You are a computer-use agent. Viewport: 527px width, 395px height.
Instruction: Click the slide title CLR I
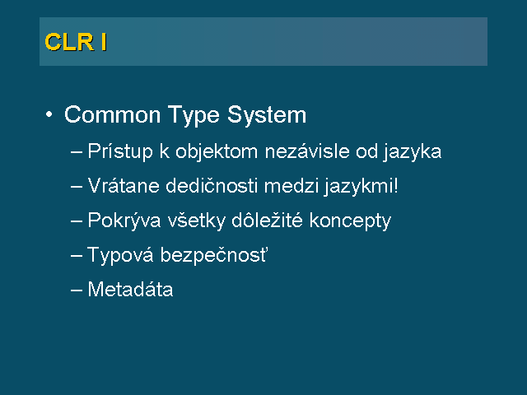tap(76, 42)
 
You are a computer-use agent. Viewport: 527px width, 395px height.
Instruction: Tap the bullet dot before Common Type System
tap(49, 114)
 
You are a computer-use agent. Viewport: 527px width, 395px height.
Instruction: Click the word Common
tap(112, 115)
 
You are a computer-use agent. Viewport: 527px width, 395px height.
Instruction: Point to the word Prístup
tap(120, 152)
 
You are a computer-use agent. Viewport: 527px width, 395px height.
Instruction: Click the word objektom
tap(217, 152)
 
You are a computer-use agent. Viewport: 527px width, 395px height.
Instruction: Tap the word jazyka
tap(412, 152)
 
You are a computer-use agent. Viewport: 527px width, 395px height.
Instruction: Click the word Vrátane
tap(124, 185)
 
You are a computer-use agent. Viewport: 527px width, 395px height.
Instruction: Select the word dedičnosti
tap(212, 185)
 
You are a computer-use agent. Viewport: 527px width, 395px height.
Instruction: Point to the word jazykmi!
tap(361, 187)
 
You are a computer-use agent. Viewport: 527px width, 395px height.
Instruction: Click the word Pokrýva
tap(124, 221)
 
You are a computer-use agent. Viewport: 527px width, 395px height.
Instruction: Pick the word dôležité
tap(267, 220)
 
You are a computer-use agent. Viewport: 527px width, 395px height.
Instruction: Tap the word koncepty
tap(350, 221)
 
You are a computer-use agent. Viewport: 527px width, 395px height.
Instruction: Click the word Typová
tap(121, 255)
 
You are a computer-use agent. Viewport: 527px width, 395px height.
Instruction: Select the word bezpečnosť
tap(214, 255)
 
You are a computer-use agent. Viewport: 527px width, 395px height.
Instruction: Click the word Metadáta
tap(130, 289)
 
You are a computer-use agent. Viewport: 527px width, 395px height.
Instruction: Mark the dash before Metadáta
tap(77, 290)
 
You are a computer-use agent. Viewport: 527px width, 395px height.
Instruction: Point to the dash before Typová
tap(77, 256)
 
